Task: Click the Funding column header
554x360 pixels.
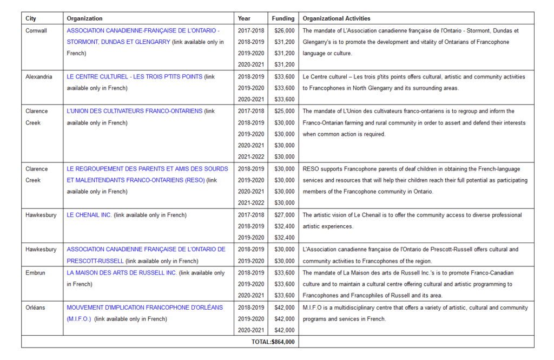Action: pos(283,18)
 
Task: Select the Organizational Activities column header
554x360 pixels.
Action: pos(337,18)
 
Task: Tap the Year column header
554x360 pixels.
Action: pos(244,18)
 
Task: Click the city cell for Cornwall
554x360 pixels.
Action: pos(36,30)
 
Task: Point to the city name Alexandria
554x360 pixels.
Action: pos(39,76)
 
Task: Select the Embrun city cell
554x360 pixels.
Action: pos(35,272)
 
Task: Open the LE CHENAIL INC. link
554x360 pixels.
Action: pos(89,215)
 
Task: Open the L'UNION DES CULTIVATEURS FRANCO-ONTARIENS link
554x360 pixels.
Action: pos(135,111)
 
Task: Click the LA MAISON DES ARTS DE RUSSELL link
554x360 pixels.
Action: pos(122,272)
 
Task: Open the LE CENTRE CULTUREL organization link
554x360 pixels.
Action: pos(135,76)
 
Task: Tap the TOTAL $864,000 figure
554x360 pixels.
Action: pos(273,342)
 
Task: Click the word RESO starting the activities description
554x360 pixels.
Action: pos(311,168)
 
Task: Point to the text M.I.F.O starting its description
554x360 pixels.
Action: pos(313,307)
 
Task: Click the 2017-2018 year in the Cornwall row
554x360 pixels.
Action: pos(251,30)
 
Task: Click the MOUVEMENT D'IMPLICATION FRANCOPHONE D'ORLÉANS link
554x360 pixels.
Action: pos(144,307)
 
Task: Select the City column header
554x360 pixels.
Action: pos(31,18)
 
